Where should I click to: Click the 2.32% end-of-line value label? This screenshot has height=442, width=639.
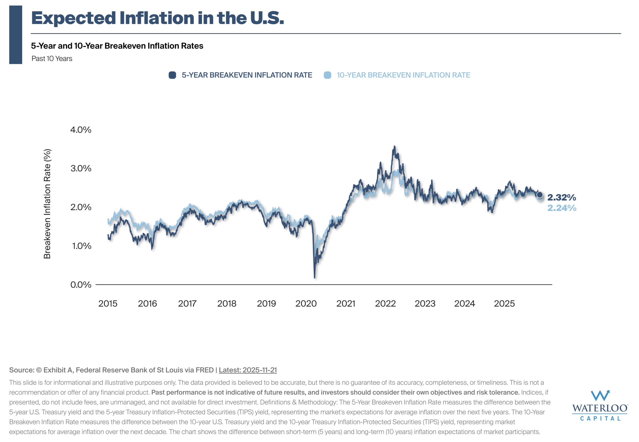[x=561, y=197]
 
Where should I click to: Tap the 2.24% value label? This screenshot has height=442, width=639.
[x=561, y=208]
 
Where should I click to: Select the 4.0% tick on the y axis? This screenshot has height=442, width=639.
[x=81, y=130]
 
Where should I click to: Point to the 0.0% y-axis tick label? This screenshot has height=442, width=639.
[x=81, y=285]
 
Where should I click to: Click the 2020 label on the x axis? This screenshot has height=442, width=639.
[x=306, y=303]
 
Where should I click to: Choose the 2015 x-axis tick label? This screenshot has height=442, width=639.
[x=108, y=303]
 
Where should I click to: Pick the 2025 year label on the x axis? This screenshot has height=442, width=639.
[x=504, y=303]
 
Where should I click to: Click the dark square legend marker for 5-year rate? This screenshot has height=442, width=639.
[x=172, y=75]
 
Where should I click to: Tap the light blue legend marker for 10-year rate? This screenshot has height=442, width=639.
[x=327, y=75]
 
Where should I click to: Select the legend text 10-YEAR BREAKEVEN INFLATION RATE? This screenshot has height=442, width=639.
[x=403, y=75]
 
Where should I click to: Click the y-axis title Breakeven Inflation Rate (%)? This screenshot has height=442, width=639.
[x=47, y=204]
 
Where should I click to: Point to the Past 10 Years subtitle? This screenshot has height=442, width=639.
[x=52, y=59]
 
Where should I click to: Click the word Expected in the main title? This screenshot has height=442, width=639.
[x=73, y=18]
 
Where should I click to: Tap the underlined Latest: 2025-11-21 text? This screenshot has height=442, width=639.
[x=248, y=370]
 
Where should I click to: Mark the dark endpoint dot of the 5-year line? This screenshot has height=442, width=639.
[x=539, y=195]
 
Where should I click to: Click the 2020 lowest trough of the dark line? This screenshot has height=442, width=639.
[x=315, y=277]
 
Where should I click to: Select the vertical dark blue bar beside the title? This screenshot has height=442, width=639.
[x=15, y=35]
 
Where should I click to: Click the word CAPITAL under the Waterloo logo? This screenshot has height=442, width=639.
[x=600, y=419]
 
